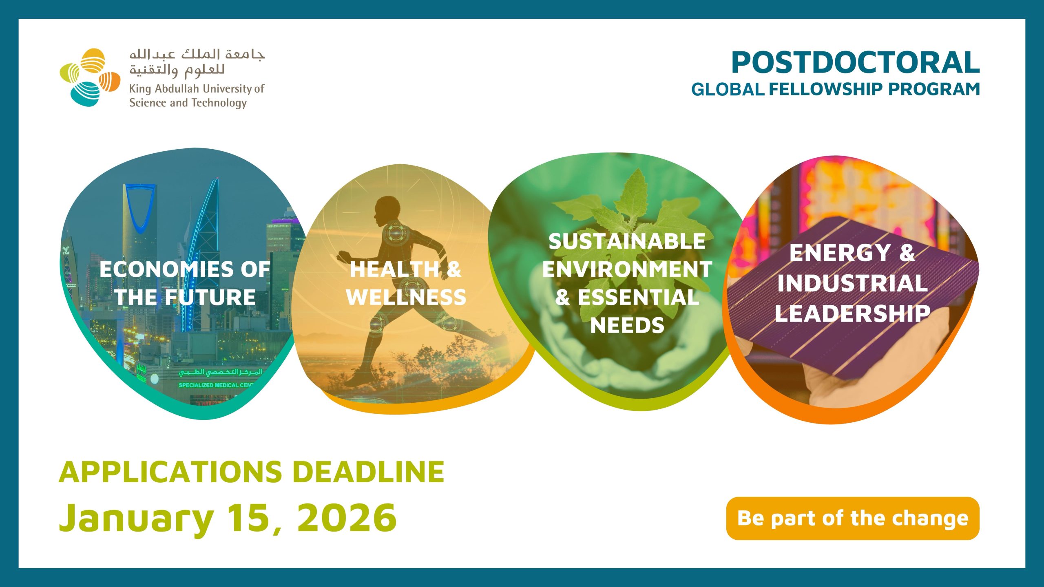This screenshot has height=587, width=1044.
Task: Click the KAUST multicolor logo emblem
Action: point(90,77)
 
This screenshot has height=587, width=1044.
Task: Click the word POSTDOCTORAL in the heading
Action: point(856,63)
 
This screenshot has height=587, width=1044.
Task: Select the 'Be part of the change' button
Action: point(853,518)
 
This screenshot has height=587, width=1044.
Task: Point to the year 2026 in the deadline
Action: point(347,518)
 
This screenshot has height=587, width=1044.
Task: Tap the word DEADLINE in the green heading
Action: point(368,472)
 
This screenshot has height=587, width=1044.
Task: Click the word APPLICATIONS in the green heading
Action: point(170,472)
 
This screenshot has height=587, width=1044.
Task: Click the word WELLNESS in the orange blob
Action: point(406,297)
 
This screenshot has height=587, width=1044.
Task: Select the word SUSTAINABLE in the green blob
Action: point(627,241)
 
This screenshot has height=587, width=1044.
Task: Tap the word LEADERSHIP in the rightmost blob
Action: point(852,313)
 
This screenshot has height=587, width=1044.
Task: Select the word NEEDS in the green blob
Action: point(627,325)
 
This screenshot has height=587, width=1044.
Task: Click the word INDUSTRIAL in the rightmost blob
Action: point(852,283)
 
